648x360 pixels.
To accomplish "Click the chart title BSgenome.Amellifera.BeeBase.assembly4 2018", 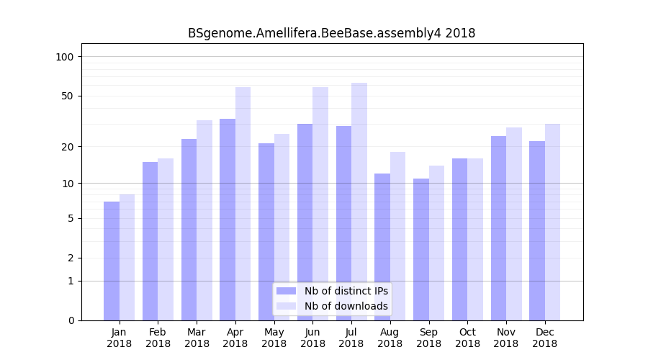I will point(331,33).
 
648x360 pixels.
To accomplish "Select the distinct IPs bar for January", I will point(112,261).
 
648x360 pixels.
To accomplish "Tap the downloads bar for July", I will point(359,202).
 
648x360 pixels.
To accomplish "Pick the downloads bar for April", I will point(243,204).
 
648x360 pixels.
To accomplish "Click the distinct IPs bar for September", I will point(421,249).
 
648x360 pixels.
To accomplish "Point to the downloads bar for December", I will point(552,222).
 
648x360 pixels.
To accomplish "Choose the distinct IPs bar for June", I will point(305,222).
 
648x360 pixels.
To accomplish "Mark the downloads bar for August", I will point(398,236).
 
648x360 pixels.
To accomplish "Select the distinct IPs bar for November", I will point(499,228).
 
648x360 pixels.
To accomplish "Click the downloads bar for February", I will point(166,239).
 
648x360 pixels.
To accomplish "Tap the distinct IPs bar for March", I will point(189,230).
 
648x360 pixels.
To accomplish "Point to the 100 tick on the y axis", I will point(69,57).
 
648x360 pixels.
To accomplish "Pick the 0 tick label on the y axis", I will point(71,320).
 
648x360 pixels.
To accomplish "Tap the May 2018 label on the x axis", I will point(274,338).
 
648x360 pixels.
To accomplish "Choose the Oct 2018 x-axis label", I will point(467,338).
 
